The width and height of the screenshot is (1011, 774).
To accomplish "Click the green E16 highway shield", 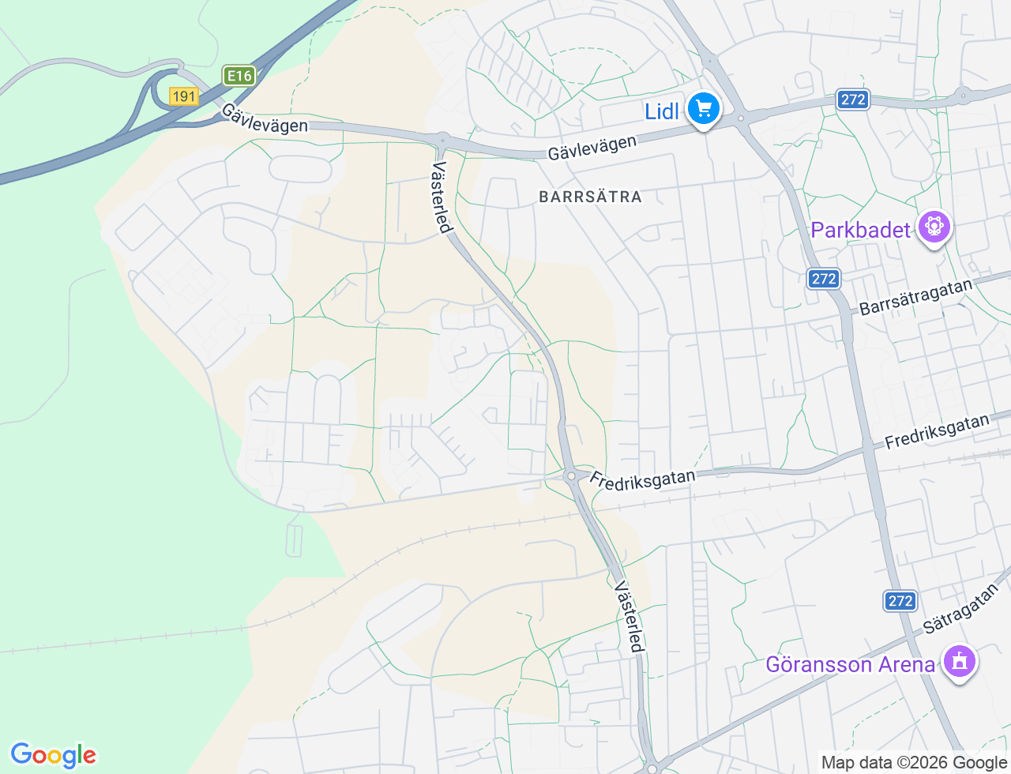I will (x=239, y=76).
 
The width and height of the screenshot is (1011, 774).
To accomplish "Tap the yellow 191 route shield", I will (x=183, y=96).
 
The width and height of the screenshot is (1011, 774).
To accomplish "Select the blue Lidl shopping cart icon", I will (x=703, y=109).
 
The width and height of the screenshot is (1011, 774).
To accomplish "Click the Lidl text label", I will (x=662, y=111).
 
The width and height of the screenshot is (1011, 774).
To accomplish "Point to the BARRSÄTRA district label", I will (x=590, y=197).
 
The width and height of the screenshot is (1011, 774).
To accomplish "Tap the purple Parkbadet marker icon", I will (x=934, y=227).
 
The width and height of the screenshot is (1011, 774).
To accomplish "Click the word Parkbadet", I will (x=861, y=230).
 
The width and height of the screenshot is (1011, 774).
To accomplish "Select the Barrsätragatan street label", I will (x=916, y=297).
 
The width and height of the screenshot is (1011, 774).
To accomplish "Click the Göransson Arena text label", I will (x=850, y=664).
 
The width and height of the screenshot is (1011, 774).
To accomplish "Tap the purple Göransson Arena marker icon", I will (x=960, y=662).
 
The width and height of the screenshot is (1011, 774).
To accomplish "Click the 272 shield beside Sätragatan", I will (x=900, y=601).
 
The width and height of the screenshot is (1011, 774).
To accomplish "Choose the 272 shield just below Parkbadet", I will (x=824, y=279).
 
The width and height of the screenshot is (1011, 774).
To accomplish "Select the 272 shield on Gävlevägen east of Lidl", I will (x=853, y=100).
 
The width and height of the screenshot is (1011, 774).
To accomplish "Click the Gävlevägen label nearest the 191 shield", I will (x=264, y=118).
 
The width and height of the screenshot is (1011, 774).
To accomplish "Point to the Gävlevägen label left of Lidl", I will (x=592, y=147).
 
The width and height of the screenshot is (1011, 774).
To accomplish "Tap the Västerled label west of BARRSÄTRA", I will (x=442, y=197).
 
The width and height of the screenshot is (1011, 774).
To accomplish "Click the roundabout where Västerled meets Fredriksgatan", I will (x=570, y=475).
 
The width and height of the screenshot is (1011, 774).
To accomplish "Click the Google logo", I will (x=53, y=755).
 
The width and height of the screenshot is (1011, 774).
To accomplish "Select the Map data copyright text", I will (x=914, y=762).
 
